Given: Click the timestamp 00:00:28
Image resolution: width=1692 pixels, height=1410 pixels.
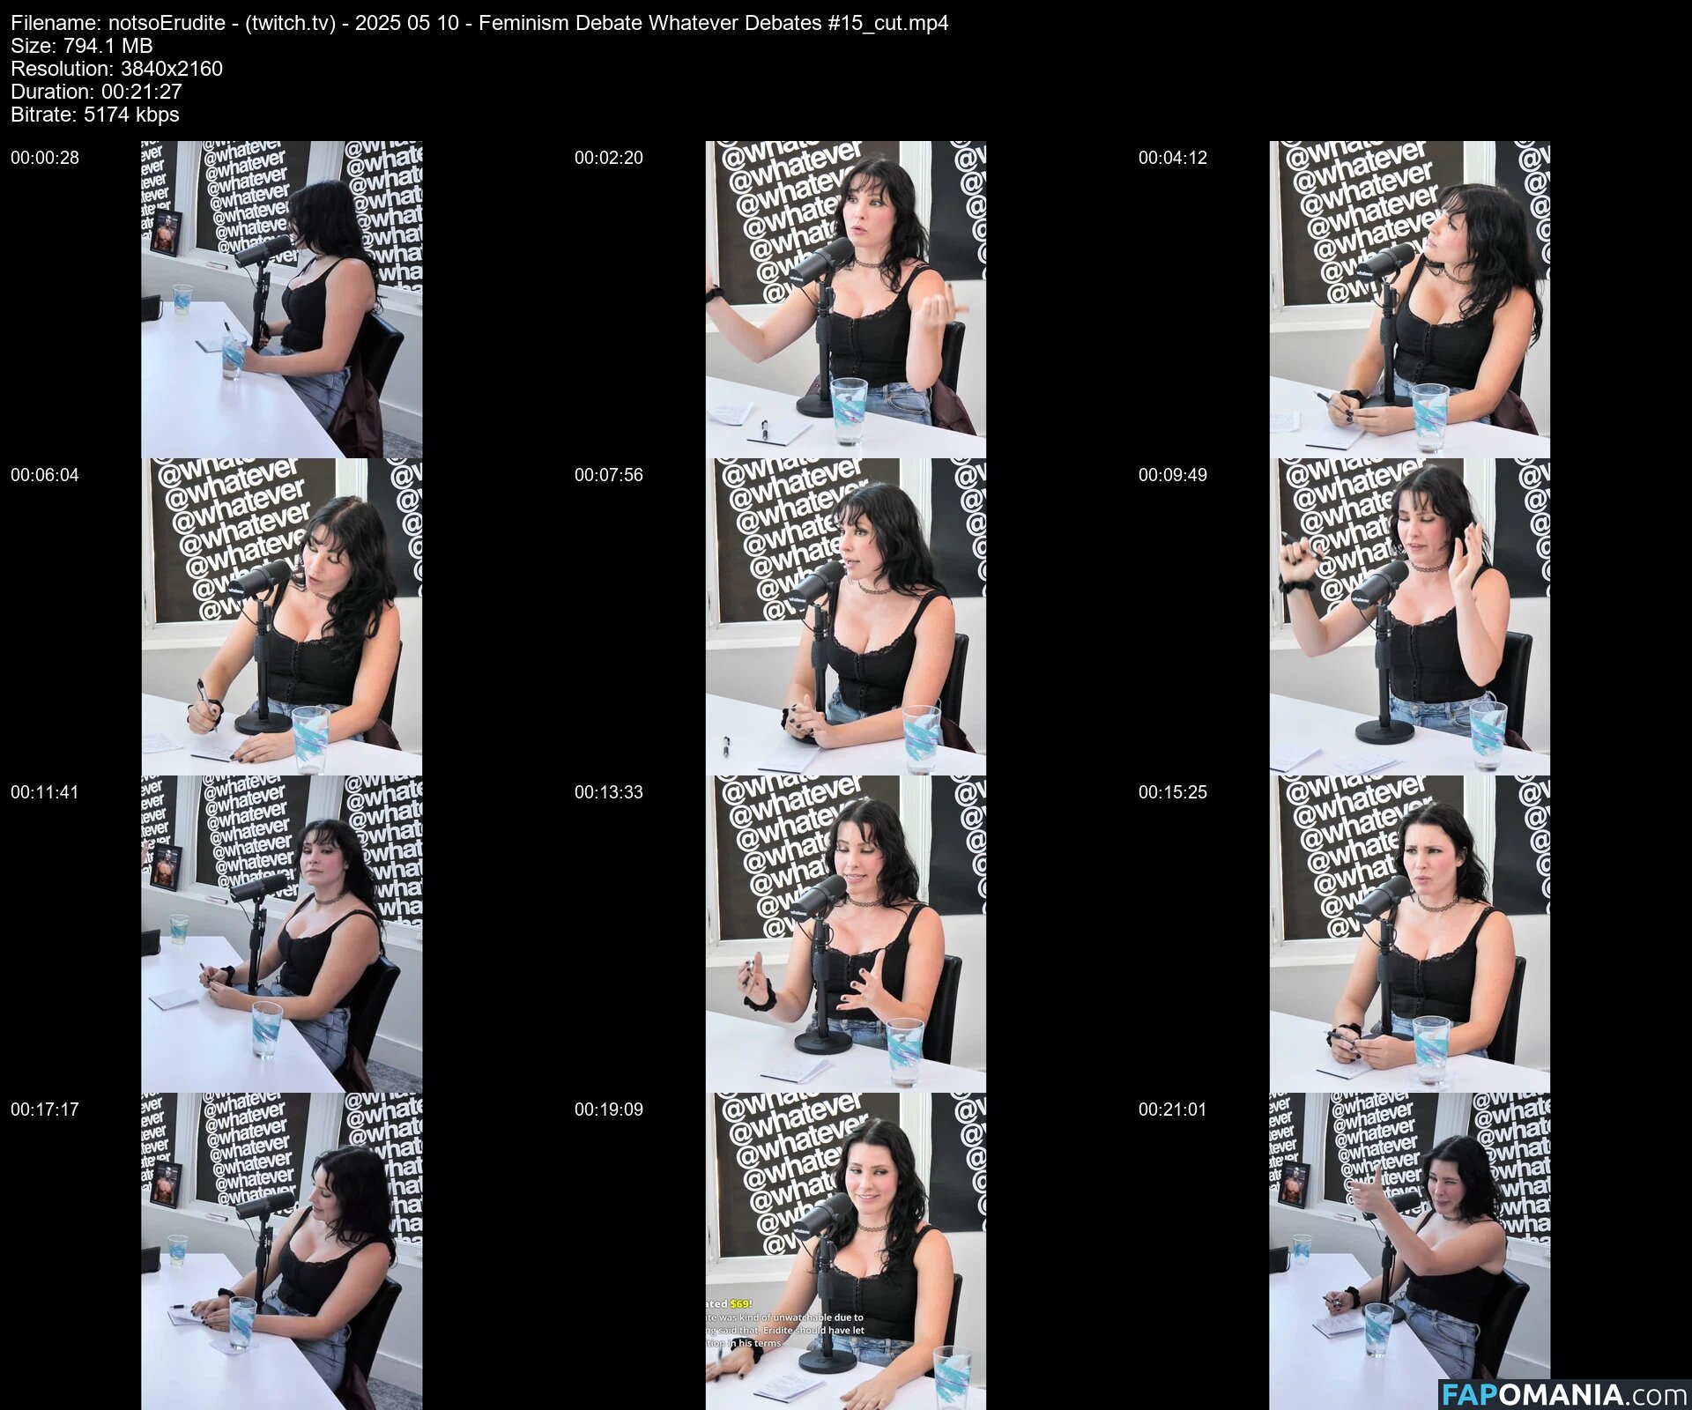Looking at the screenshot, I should tap(45, 158).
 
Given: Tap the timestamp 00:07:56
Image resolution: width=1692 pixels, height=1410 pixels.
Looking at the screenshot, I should tap(609, 475).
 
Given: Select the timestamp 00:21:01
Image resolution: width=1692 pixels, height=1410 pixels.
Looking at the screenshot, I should tap(1172, 1109).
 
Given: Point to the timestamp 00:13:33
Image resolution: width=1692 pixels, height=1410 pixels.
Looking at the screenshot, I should tap(609, 792).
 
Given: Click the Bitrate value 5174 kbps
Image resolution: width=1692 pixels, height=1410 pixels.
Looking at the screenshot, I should tap(131, 115).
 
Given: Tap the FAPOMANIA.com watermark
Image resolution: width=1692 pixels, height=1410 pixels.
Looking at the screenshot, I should tap(1563, 1395).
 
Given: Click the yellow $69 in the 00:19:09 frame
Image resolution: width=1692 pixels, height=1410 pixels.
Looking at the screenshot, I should tap(739, 1303).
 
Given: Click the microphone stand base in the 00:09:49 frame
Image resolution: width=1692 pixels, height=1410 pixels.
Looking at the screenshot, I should tap(1384, 731).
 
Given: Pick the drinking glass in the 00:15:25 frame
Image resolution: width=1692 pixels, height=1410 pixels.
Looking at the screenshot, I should tap(1430, 1047).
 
